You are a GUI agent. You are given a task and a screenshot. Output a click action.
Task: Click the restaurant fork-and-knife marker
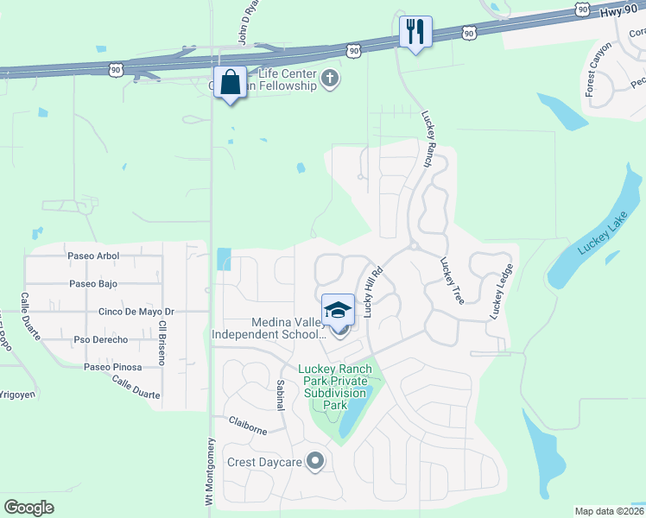pyautogui.click(x=415, y=32)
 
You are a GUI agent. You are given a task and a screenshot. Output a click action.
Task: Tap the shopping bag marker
pyautogui.click(x=230, y=83)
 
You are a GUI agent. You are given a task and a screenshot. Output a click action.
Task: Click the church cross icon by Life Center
pyautogui.click(x=329, y=80)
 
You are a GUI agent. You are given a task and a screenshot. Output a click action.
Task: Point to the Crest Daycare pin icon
pyautogui.click(x=315, y=462)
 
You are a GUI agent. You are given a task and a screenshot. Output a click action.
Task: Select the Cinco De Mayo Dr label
pyautogui.click(x=136, y=312)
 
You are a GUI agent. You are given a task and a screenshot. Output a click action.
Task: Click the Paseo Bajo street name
pyautogui.click(x=93, y=283)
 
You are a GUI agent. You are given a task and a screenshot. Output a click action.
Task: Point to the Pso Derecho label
pyautogui.click(x=101, y=339)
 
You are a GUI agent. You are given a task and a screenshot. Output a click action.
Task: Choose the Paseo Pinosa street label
pyautogui.click(x=111, y=367)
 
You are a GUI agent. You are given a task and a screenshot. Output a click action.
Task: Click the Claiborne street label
pyautogui.click(x=250, y=423)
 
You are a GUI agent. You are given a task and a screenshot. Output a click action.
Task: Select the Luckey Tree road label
pyautogui.click(x=452, y=281)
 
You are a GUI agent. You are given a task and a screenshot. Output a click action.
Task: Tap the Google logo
pyautogui.click(x=28, y=507)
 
